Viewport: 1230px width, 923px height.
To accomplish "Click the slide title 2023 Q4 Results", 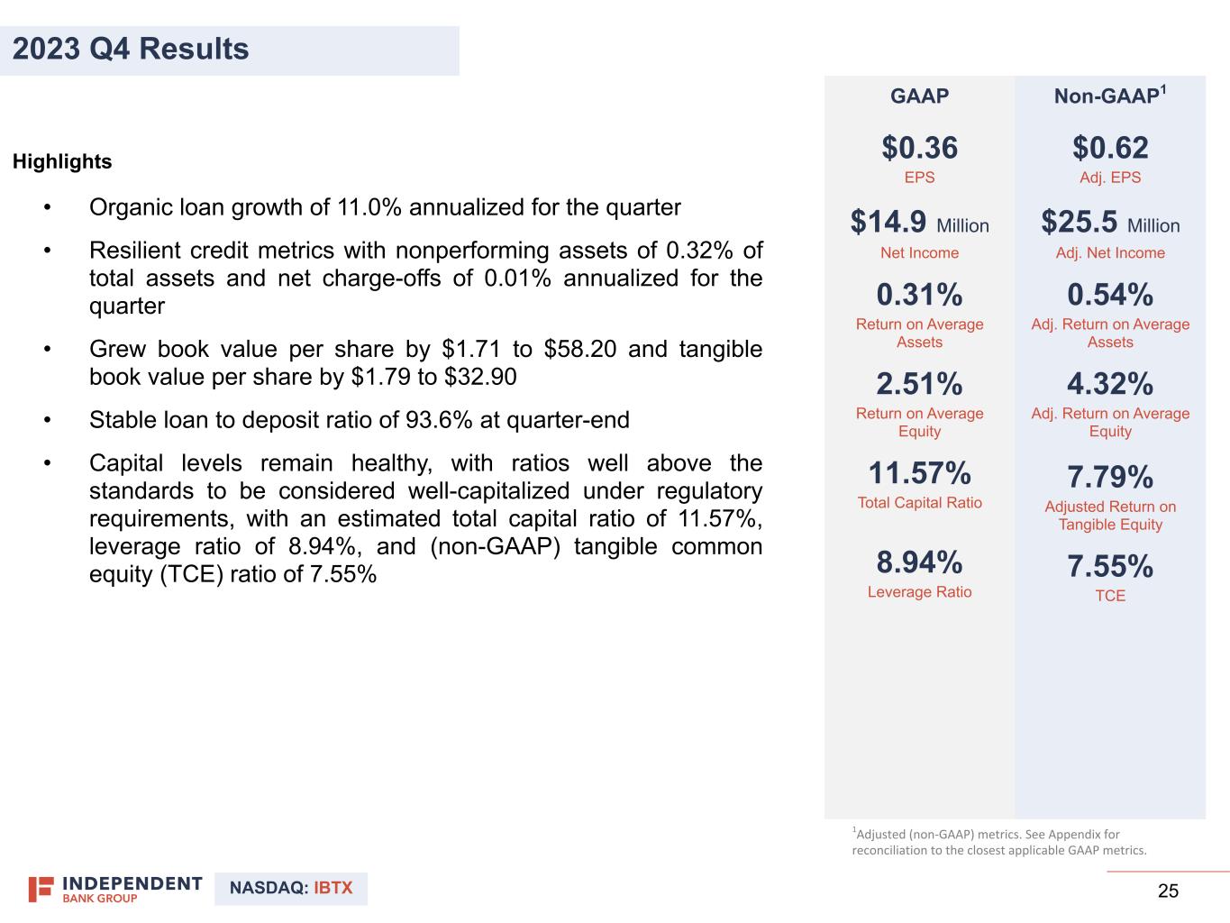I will pyautogui.click(x=132, y=49).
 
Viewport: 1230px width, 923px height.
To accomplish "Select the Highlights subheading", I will pyautogui.click(x=62, y=162).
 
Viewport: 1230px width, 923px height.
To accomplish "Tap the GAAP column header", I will pyautogui.click(x=919, y=96).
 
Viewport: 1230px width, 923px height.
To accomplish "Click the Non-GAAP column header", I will pyautogui.click(x=1109, y=96).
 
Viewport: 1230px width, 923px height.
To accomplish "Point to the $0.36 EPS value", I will pyautogui.click(x=919, y=148).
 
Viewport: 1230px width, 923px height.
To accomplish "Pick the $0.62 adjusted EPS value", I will pyautogui.click(x=1110, y=148).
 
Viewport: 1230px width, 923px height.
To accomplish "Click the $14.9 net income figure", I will pyautogui.click(x=888, y=223).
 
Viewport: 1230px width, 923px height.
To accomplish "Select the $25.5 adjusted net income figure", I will pyautogui.click(x=1080, y=223).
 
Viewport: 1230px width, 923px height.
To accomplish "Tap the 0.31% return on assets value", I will pyautogui.click(x=919, y=295).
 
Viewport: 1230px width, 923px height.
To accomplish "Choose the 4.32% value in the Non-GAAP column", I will pyautogui.click(x=1110, y=384).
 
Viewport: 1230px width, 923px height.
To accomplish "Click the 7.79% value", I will pyautogui.click(x=1110, y=477).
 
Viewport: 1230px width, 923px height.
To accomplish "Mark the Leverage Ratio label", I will pyautogui.click(x=919, y=592).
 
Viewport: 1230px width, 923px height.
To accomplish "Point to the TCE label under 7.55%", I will pyautogui.click(x=1110, y=596).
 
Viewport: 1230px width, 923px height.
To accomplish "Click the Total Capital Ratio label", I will pyautogui.click(x=919, y=503).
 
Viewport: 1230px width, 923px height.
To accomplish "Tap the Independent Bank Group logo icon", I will pyautogui.click(x=41, y=889).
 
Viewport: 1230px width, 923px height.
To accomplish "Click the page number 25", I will pyautogui.click(x=1168, y=891).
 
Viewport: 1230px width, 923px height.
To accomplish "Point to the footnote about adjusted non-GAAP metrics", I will pyautogui.click(x=999, y=842).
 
